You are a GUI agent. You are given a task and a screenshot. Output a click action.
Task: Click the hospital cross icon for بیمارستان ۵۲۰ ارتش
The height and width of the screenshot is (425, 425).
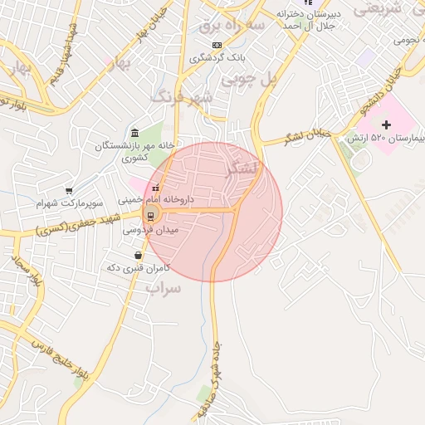click(x=386, y=124)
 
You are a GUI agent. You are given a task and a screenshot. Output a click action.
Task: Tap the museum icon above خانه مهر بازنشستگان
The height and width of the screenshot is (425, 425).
click(x=135, y=133)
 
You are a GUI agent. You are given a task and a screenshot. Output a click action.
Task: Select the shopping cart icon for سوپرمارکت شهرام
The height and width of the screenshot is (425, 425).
click(x=69, y=191)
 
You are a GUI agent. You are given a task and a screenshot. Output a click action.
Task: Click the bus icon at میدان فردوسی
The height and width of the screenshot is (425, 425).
click(x=149, y=216)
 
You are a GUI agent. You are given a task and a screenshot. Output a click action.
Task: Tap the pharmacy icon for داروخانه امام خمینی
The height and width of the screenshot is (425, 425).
click(x=155, y=187)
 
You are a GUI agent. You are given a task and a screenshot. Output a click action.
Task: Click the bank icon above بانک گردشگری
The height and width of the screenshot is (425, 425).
click(x=217, y=45)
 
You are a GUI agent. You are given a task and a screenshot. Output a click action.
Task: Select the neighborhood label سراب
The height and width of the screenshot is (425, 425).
click(x=163, y=288)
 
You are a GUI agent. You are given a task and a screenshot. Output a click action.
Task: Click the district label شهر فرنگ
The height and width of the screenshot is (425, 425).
click(x=182, y=97)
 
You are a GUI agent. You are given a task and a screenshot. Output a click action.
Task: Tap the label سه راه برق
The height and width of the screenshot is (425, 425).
click(x=232, y=26)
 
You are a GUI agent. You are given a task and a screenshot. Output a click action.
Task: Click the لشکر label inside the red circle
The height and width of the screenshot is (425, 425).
click(x=242, y=169)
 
